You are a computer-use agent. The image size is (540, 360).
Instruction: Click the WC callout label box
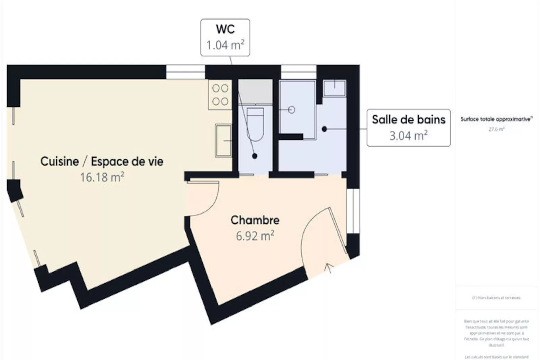225,37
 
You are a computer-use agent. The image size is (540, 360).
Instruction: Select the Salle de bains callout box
408,128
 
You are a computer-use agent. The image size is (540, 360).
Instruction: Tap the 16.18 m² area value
102,177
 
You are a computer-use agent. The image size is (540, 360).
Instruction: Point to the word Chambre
255,220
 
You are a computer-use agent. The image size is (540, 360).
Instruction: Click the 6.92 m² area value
255,236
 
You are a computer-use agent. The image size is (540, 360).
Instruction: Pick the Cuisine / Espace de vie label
102,161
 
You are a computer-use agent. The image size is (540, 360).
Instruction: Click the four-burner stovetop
220,95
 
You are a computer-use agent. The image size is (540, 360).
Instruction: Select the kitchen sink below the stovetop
223,140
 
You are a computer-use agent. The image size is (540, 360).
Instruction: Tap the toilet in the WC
255,123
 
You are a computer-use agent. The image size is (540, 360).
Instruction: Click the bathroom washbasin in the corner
334,88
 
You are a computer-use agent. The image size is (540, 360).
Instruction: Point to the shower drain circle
292,110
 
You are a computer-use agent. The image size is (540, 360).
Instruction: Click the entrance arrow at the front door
329,268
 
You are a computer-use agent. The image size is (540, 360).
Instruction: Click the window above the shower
299,72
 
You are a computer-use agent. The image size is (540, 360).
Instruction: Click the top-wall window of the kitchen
186,72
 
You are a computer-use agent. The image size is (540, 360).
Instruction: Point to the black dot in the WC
255,156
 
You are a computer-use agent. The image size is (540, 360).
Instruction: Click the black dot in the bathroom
324,129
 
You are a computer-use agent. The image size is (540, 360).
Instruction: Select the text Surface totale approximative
496,119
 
